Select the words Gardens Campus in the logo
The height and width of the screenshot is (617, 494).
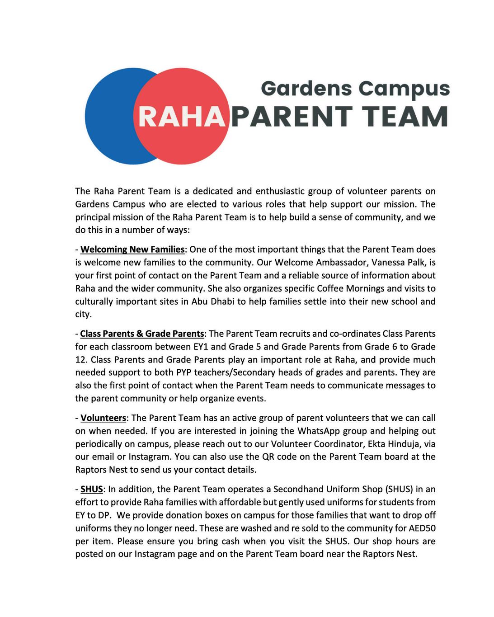355,88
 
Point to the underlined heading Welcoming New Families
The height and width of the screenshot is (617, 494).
132,250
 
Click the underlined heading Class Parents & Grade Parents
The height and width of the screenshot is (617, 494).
142,334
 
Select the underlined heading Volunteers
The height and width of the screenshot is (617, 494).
103,418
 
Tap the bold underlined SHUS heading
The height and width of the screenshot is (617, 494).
92,490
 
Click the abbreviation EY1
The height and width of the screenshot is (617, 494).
200,347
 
